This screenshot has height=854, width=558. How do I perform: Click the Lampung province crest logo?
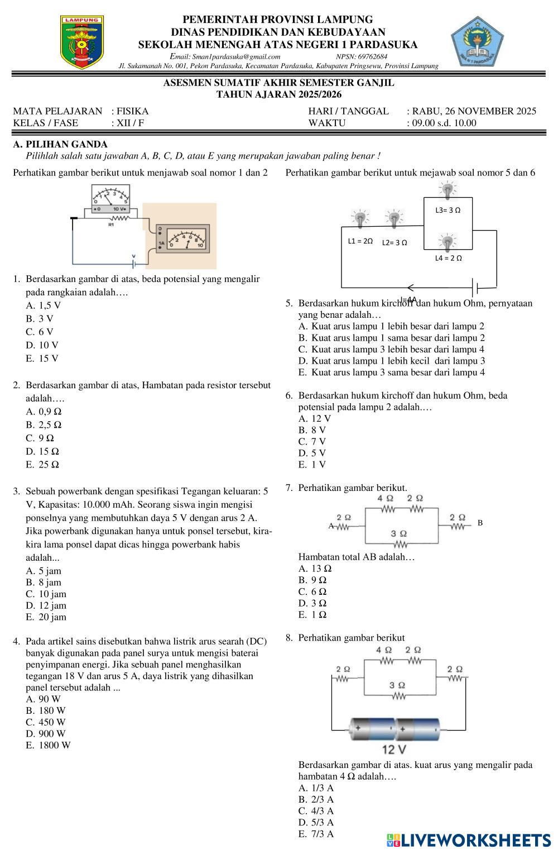pos(82,42)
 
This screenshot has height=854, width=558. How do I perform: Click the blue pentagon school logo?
pos(477,42)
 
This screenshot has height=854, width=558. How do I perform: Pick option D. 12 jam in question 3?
pos(46,605)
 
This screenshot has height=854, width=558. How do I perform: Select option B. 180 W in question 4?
pos(46,711)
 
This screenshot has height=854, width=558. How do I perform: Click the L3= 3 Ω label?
pos(448,211)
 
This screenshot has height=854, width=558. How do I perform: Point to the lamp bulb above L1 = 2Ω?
pos(360,219)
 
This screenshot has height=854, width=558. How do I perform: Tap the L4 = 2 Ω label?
pos(448,258)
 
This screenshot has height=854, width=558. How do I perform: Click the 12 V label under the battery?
pos(394,749)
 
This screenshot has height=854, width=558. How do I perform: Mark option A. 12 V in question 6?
pos(315,418)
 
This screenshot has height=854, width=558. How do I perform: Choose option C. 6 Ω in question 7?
pos(313,591)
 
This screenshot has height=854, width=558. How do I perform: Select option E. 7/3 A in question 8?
pos(316,834)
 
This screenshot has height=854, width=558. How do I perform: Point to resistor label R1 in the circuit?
pos(112,225)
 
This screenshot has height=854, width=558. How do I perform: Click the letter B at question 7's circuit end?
pos(480,523)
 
